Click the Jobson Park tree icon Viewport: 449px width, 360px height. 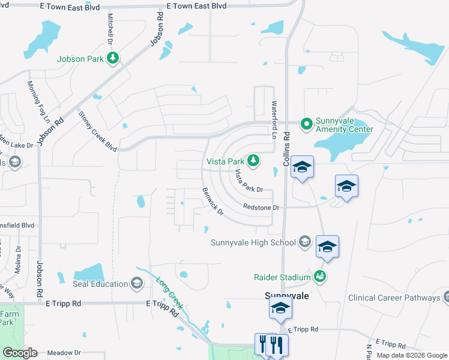point(112,58)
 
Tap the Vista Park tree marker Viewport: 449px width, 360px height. point(254,160)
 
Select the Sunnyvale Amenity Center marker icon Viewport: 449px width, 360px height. point(307,124)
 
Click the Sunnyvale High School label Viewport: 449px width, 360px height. point(253,242)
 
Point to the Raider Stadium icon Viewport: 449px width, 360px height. point(321,276)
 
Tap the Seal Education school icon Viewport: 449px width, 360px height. point(137,283)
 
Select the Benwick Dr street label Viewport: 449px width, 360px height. point(212,202)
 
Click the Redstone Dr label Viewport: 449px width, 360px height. point(262,207)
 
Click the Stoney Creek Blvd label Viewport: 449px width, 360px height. point(97,131)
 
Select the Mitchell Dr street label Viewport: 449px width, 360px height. point(110,29)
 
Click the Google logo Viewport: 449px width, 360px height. point(20,353)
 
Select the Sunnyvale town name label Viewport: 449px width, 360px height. point(286,296)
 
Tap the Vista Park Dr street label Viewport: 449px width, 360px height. point(249,181)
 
